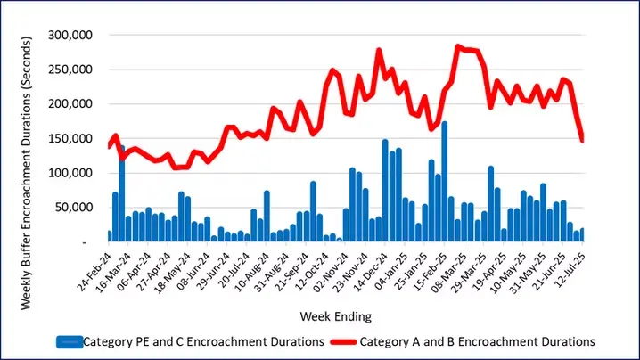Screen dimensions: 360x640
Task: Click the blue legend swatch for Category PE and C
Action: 70,341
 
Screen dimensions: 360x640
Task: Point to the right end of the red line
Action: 582,140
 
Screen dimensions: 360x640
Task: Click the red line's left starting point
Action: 109,146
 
